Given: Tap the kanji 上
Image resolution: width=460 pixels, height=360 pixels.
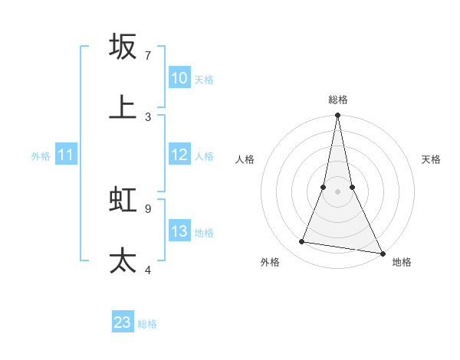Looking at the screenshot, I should coord(123,107).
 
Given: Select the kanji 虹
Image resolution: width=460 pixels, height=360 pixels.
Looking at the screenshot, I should coord(123,199).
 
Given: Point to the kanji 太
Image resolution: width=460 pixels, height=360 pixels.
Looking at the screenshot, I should coord(123,260).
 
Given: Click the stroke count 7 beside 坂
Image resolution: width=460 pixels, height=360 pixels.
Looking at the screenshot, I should coord(148,55).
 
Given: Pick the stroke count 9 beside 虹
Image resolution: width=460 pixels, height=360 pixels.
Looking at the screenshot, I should coord(148,208).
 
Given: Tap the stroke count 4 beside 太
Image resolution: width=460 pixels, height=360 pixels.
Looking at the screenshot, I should coord(148,270).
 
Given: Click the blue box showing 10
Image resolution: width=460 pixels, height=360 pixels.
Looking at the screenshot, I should coord(179,78).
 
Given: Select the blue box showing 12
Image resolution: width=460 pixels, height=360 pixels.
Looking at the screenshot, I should coord(179,155).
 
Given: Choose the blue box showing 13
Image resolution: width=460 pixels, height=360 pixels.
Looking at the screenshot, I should coord(179,231).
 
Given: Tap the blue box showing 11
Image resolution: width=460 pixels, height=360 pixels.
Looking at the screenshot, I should coord(66,155).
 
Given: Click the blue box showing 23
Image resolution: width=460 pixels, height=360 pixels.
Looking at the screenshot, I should coord(123,322).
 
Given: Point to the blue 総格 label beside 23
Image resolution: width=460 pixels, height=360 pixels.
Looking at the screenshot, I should coord(147,324).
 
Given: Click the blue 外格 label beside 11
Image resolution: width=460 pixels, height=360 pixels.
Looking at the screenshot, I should coord(41,156).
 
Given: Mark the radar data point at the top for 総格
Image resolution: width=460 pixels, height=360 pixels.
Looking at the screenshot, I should coord(337,116).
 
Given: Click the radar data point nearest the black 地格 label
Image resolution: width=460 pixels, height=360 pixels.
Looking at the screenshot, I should coord(382,253).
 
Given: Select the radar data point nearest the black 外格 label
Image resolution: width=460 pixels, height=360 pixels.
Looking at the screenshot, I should coord(302,242).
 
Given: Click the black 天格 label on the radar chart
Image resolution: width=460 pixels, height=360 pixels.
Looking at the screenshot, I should coord(431,159).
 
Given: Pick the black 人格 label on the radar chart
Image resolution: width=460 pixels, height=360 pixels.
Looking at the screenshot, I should coord(245,159).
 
